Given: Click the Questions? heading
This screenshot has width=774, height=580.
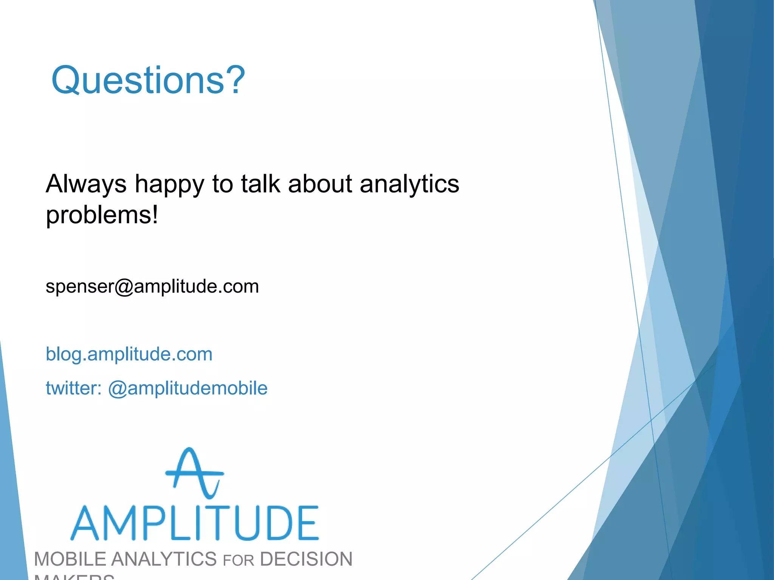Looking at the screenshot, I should point(148,80).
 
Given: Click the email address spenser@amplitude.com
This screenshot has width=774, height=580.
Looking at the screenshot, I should point(152,286).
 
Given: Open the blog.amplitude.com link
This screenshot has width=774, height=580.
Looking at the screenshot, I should point(129,354).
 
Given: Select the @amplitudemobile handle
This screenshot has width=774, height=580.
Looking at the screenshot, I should point(188,388).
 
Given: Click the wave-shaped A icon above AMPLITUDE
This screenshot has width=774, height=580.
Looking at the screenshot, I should point(194,473).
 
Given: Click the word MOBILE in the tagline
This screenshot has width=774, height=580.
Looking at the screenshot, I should point(70,559).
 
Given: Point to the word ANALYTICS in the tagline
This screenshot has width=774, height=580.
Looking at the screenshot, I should point(164,559).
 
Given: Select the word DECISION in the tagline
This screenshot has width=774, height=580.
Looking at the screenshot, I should point(306,559).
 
